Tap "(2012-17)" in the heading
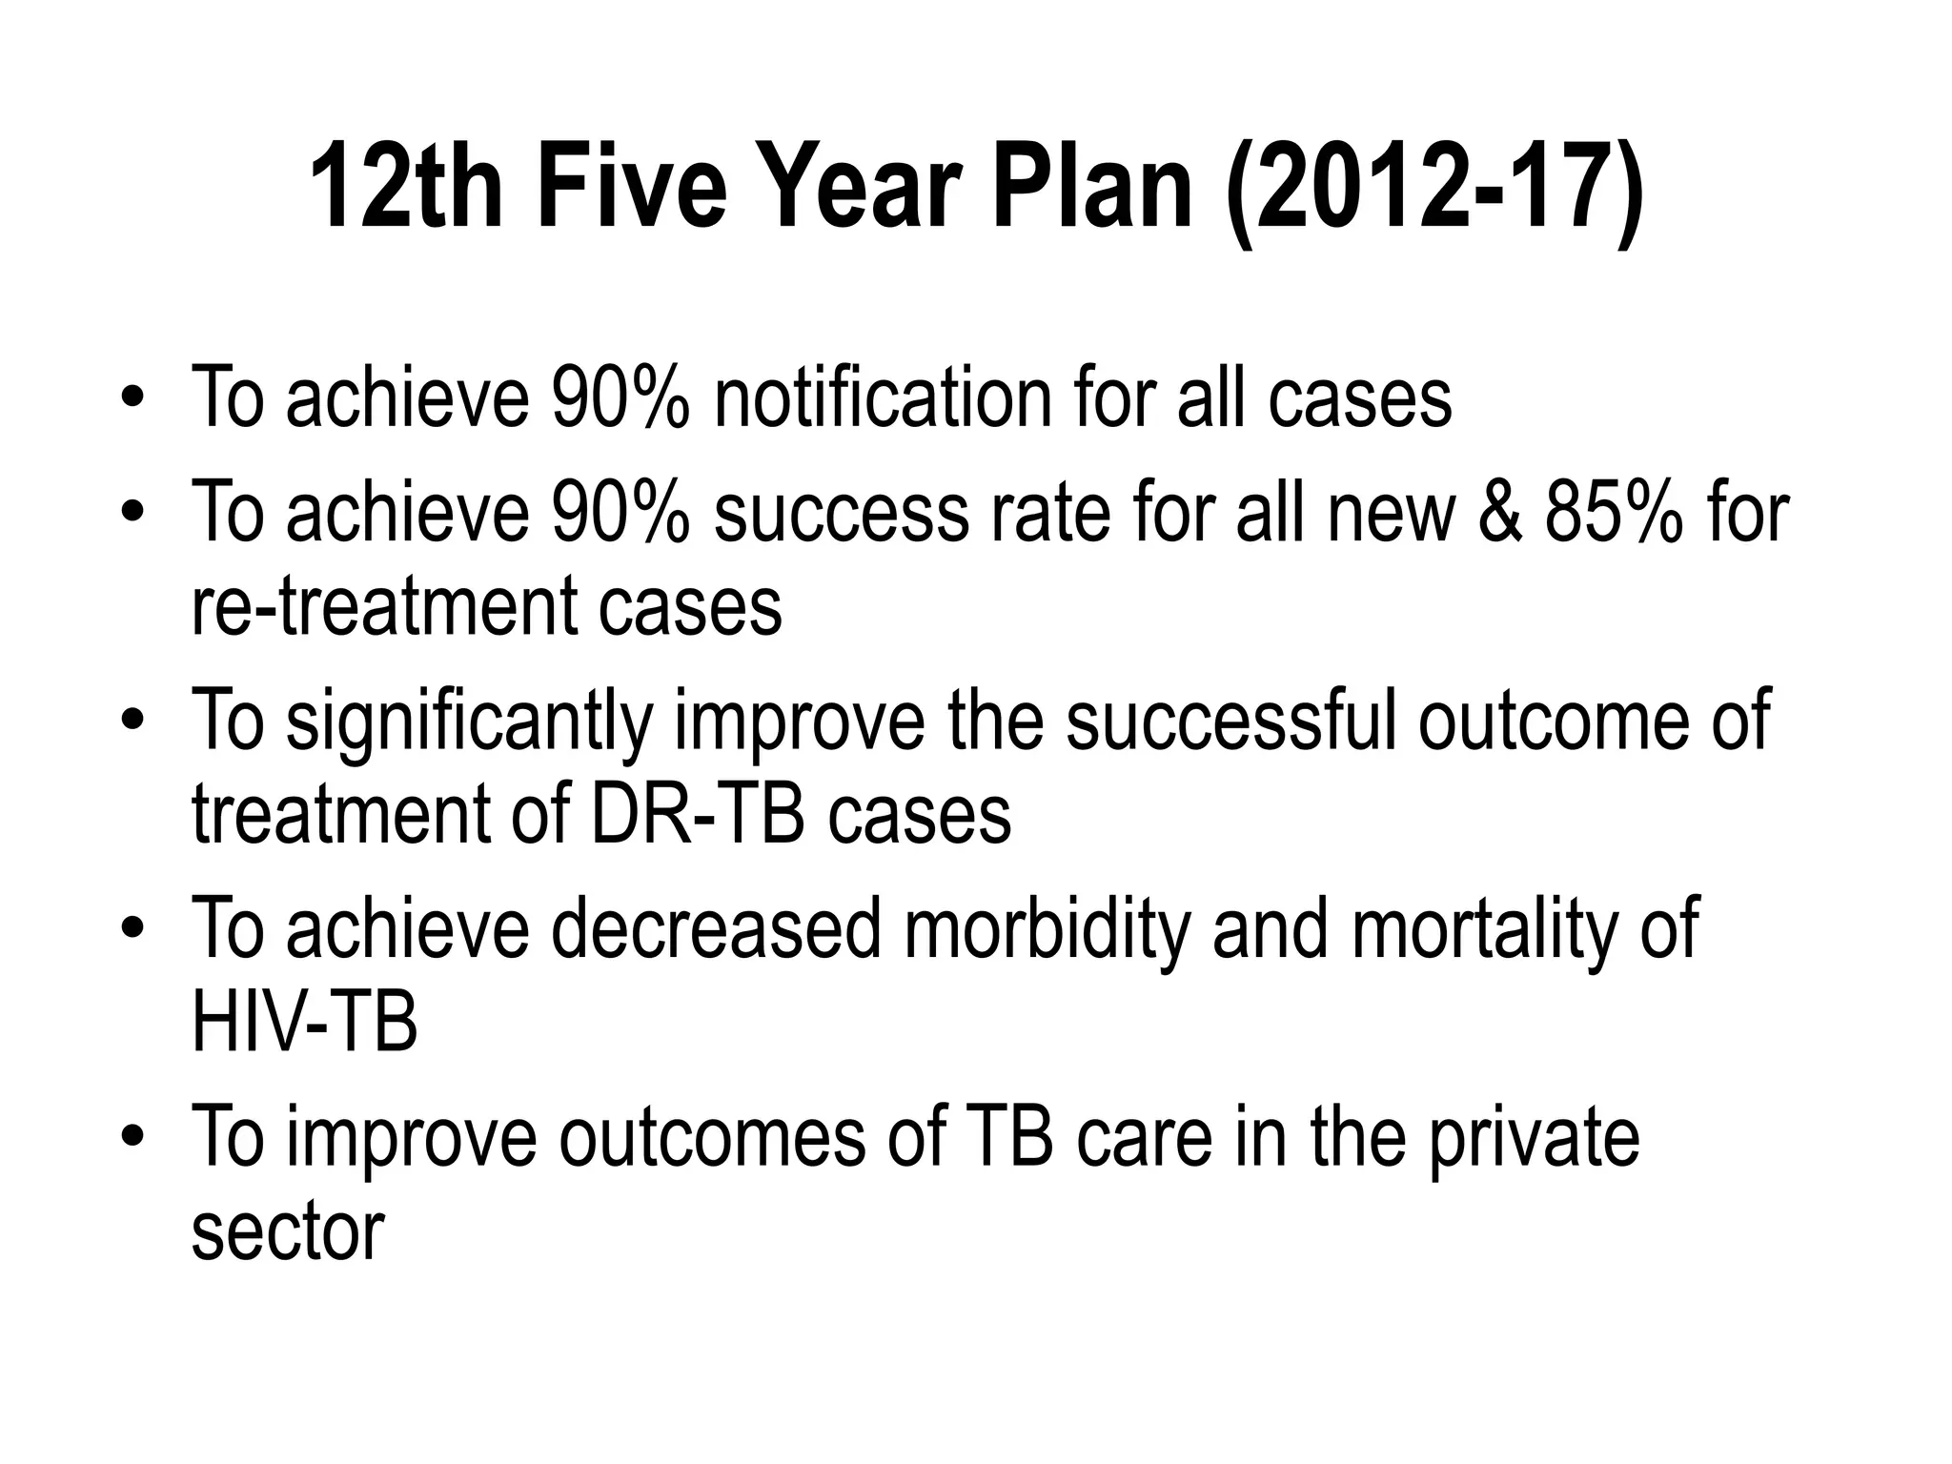pyautogui.click(x=1435, y=188)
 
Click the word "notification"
pyautogui.click(x=882, y=397)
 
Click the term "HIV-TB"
pyautogui.click(x=304, y=1023)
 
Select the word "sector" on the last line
pyautogui.click(x=288, y=1232)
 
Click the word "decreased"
pyautogui.click(x=716, y=929)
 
